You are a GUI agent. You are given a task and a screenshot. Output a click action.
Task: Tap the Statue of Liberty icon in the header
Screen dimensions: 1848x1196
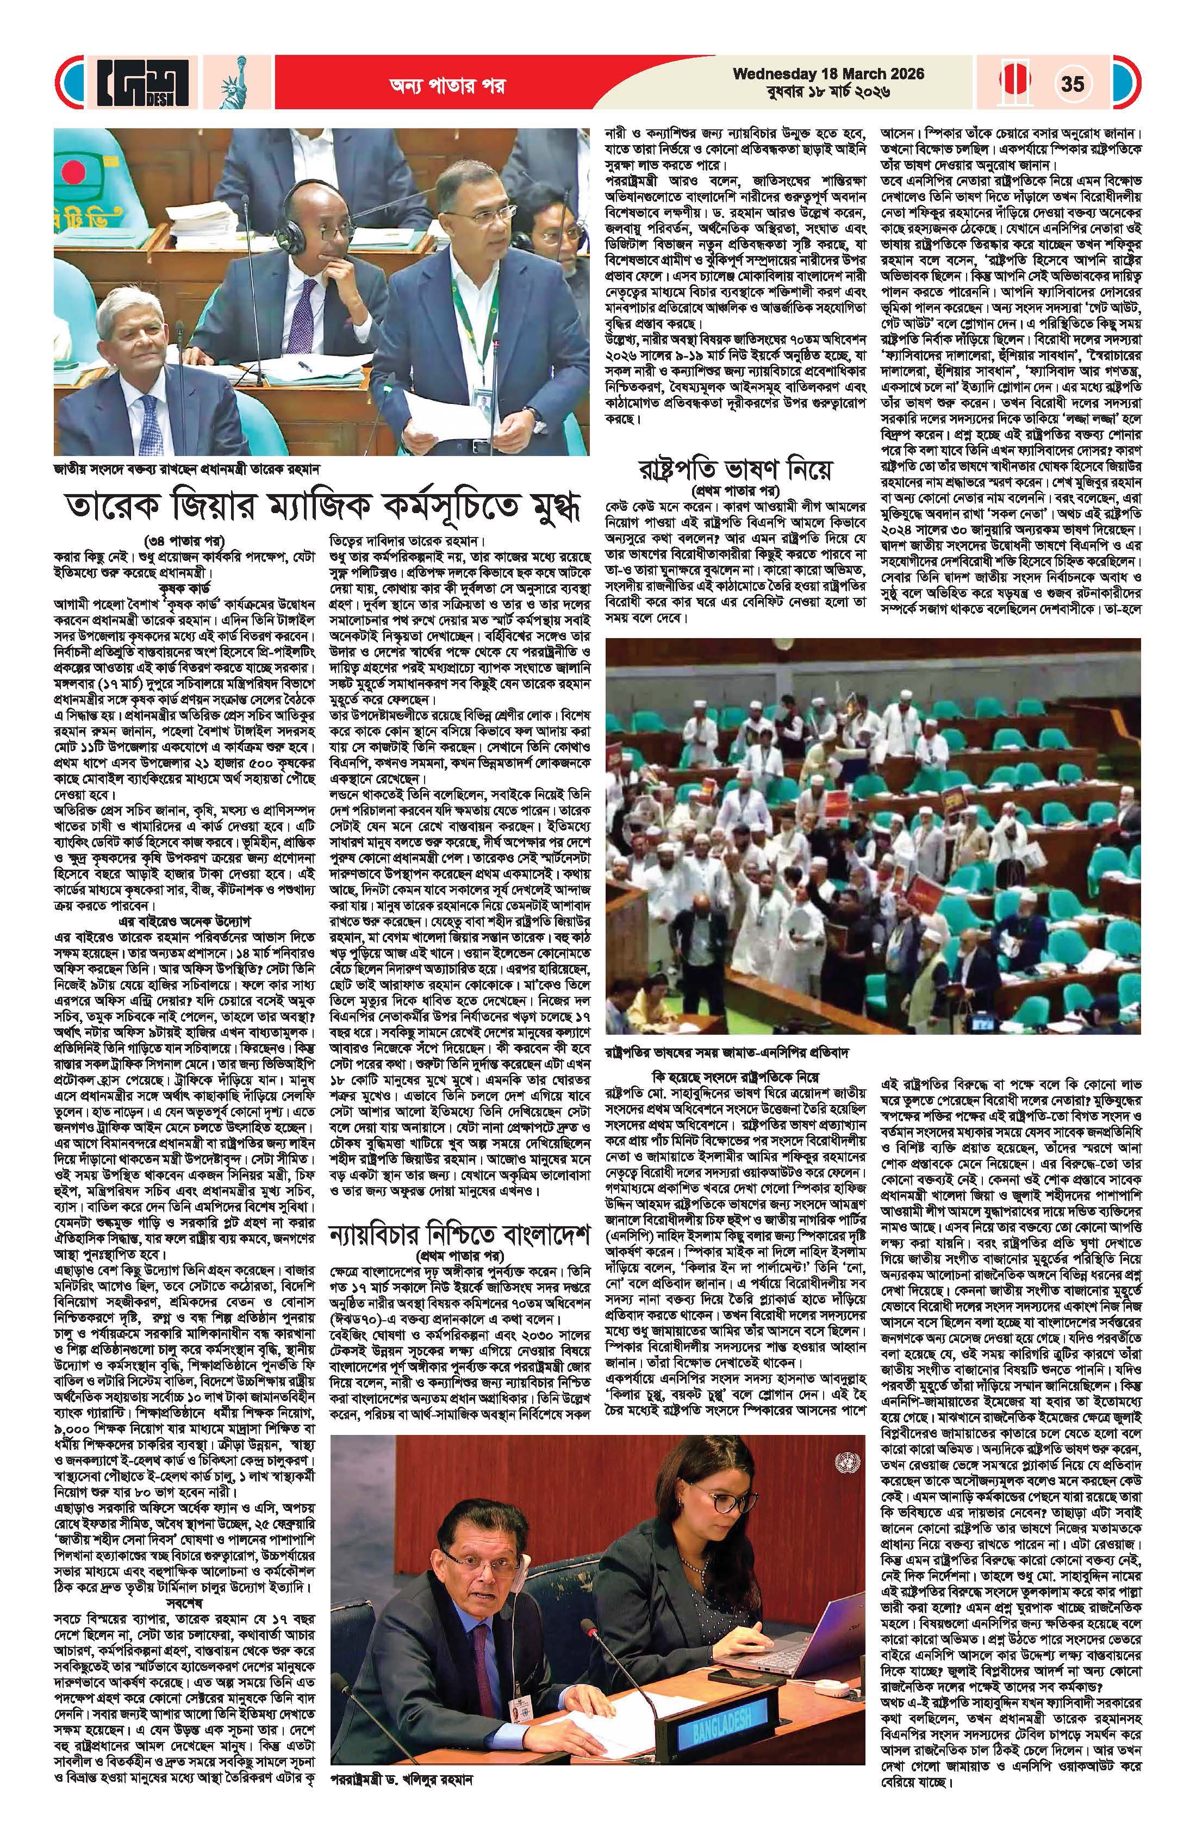pos(230,83)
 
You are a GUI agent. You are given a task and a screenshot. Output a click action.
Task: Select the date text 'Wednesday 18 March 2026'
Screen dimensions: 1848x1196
pos(828,74)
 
